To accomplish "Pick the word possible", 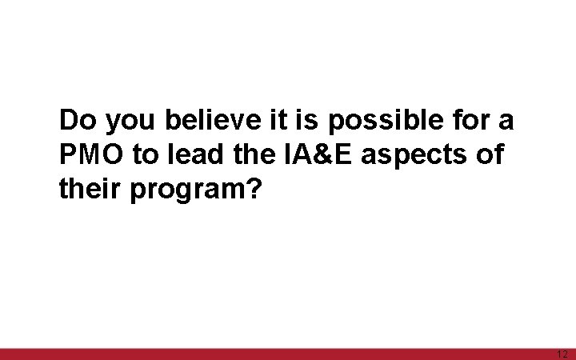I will pos(375,122).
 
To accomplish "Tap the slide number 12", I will pos(561,354).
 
